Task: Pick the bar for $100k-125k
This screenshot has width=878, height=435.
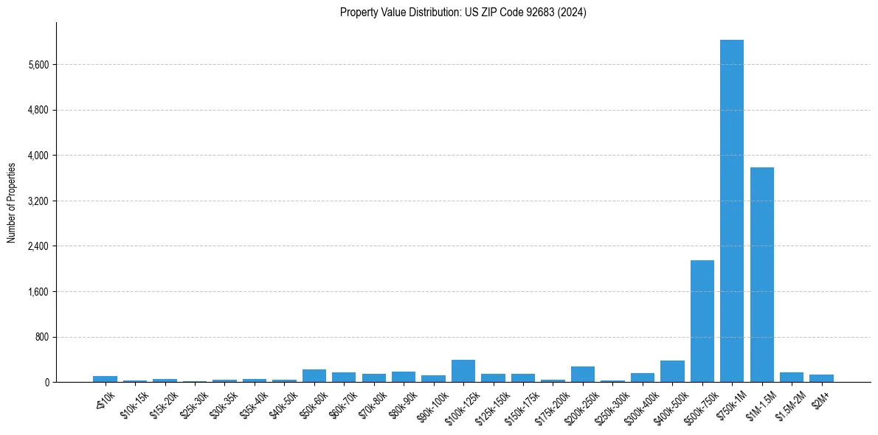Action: (x=463, y=371)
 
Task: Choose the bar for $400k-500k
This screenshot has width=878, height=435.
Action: (x=672, y=372)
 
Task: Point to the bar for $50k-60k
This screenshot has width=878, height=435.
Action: (x=314, y=376)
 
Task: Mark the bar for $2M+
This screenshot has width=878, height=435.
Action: (x=821, y=378)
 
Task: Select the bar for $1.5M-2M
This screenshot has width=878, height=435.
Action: (x=791, y=377)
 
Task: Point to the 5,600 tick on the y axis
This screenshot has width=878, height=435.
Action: (x=37, y=65)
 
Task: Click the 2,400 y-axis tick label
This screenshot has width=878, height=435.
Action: (x=37, y=246)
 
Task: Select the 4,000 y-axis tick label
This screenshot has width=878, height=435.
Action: (x=37, y=156)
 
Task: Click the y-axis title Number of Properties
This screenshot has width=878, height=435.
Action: (x=11, y=203)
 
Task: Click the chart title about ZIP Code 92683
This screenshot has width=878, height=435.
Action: (x=463, y=12)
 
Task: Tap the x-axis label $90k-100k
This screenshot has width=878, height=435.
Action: (x=432, y=405)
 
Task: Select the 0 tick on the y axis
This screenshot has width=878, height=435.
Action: (x=46, y=383)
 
